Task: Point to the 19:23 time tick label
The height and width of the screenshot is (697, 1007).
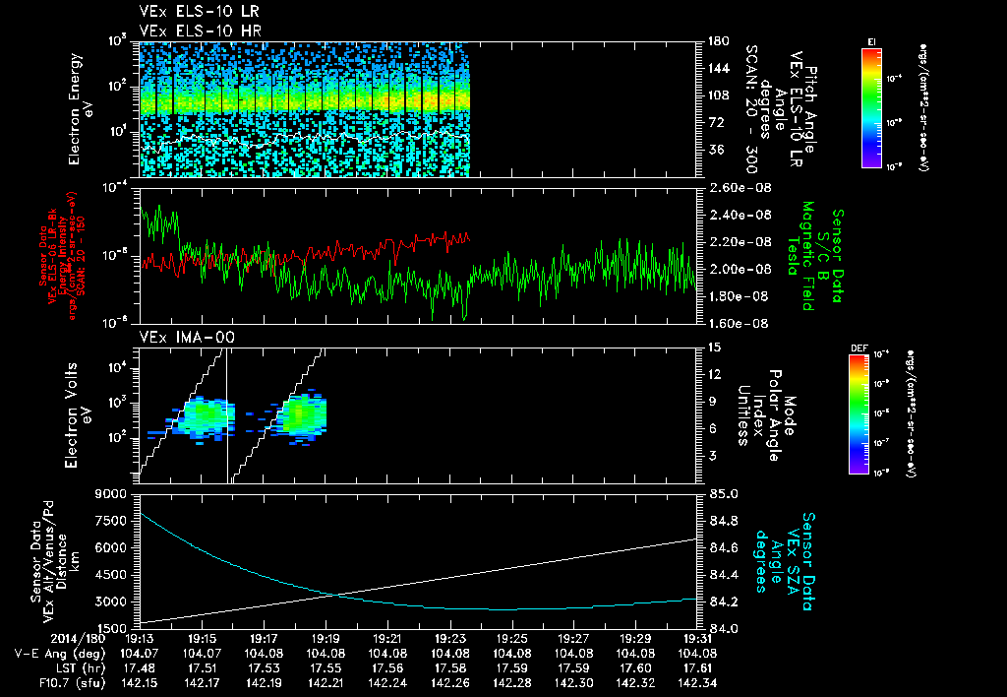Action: pos(449,638)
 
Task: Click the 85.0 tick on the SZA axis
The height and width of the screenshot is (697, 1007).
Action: pos(724,493)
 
